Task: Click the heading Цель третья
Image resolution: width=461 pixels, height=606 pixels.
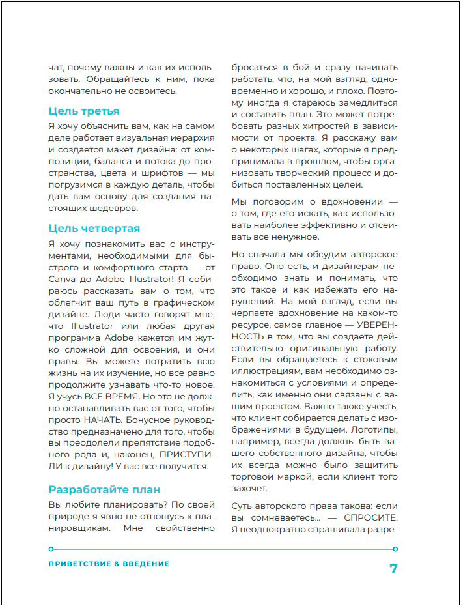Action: [84, 111]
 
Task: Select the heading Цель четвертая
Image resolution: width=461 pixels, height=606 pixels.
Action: [94, 229]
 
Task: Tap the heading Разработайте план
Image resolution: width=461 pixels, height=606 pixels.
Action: [104, 489]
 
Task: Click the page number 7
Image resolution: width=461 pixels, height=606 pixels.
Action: [393, 568]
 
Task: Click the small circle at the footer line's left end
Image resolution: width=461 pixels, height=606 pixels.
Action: [51, 549]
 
